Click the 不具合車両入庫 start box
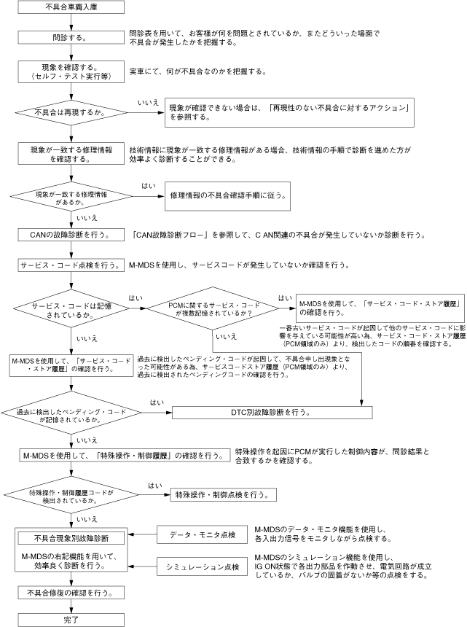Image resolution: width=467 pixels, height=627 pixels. tap(71, 8)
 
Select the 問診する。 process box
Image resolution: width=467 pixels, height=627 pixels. tap(71, 36)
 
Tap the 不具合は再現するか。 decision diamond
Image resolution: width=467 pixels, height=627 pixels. tap(71, 113)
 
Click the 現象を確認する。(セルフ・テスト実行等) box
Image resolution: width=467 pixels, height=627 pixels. tap(71, 71)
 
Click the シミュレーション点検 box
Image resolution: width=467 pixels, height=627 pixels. tap(201, 565)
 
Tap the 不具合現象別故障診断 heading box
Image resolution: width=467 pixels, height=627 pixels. tap(71, 538)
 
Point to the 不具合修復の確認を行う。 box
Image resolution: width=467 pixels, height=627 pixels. tap(71, 593)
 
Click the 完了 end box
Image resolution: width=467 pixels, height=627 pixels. tap(71, 619)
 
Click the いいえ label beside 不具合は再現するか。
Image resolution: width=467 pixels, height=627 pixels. tap(148, 104)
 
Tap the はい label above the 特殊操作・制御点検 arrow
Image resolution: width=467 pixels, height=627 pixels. tap(154, 486)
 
